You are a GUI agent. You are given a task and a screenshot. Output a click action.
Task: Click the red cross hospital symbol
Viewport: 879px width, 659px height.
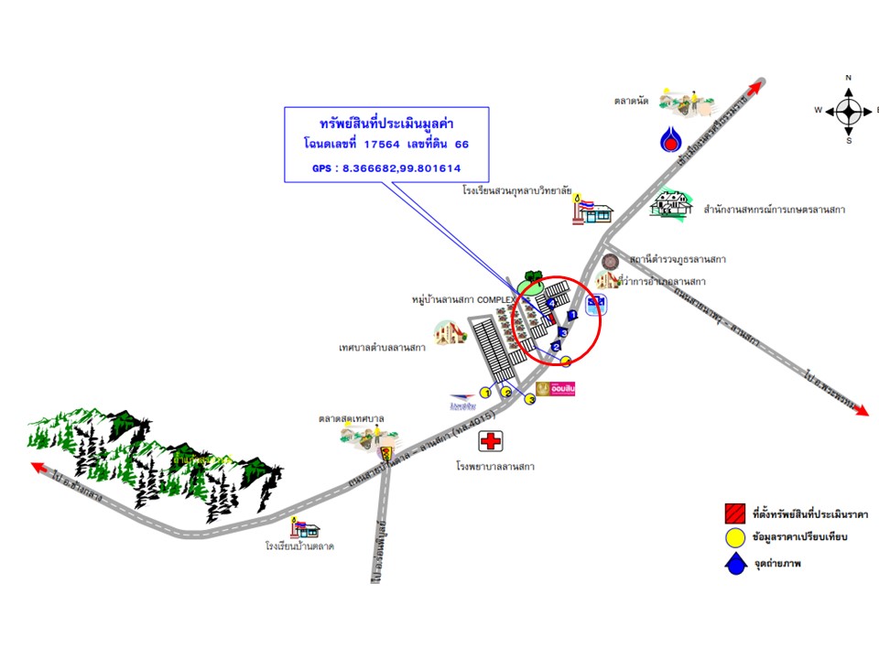tap(491, 442)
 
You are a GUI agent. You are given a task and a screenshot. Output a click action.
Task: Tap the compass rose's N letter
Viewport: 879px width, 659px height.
tap(849, 79)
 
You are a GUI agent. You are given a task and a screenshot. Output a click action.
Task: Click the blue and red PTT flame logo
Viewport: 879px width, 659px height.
tap(672, 139)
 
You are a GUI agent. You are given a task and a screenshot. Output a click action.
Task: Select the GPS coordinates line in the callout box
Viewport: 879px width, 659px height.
tap(386, 168)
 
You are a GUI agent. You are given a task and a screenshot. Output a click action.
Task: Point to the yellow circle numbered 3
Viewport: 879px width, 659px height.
tap(530, 400)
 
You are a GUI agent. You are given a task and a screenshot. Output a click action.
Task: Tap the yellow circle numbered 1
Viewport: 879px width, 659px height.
tap(486, 393)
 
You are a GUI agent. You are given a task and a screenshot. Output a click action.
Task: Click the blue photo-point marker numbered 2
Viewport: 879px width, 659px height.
tap(555, 346)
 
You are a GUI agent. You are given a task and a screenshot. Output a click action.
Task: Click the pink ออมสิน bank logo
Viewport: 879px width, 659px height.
tap(555, 389)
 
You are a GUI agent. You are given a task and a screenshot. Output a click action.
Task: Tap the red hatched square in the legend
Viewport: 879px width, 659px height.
tap(734, 512)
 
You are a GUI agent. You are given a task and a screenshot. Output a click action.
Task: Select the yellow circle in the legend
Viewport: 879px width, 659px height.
tap(734, 537)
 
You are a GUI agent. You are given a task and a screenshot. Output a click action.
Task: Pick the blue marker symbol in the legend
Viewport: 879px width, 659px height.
tap(734, 564)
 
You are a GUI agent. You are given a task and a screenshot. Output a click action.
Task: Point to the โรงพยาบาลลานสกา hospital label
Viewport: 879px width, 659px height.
tap(495, 467)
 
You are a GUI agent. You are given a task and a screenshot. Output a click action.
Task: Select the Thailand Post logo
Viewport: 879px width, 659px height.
tap(462, 401)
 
